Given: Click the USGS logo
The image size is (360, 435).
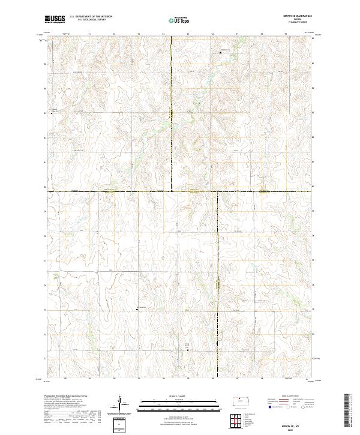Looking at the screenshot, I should pyautogui.click(x=55, y=20).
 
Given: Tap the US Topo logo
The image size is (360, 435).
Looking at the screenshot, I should pyautogui.click(x=180, y=20).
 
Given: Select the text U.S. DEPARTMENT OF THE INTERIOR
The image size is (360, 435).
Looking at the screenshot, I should pyautogui.click(x=91, y=17).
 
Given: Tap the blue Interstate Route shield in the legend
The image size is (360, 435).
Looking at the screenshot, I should pyautogui.click(x=269, y=407).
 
